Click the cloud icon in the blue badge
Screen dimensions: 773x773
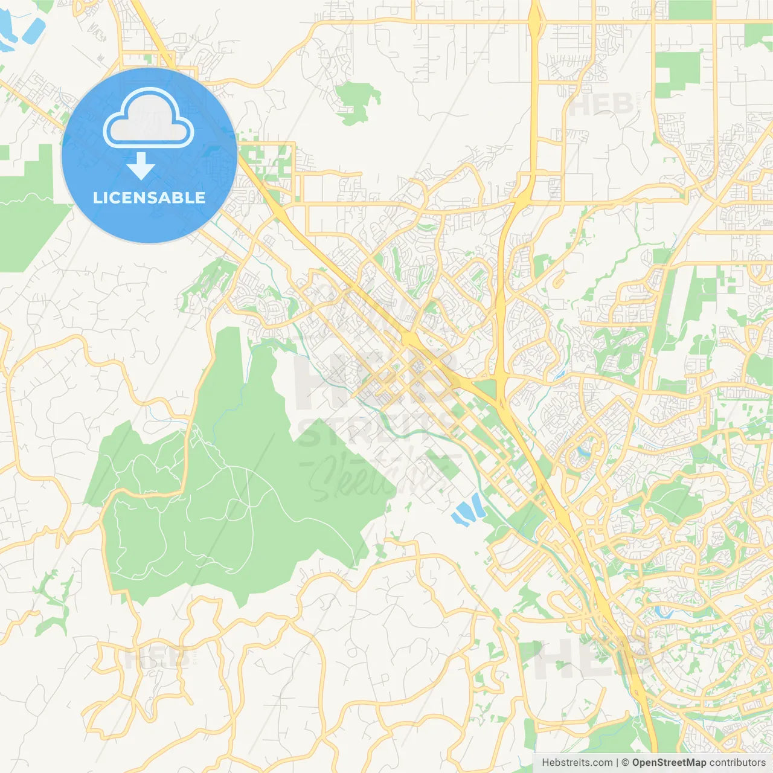tap(149, 119)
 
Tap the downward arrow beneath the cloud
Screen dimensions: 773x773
tap(141, 166)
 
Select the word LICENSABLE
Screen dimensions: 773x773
tap(149, 197)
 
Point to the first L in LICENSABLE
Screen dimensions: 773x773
tap(97, 197)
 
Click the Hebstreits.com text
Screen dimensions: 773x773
tap(577, 763)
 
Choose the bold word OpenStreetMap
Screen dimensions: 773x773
tap(669, 763)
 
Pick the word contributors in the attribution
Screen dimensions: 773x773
tap(737, 763)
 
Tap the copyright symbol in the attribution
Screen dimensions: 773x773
tap(626, 763)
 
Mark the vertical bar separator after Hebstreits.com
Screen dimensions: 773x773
tap(617, 763)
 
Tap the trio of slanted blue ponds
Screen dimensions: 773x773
tap(467, 510)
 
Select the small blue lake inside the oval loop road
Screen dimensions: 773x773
tap(583, 451)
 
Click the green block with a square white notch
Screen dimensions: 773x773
tap(676, 75)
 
